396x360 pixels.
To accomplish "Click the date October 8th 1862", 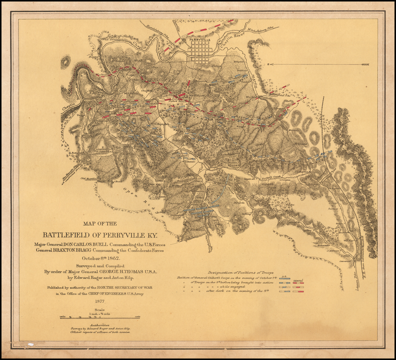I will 101,258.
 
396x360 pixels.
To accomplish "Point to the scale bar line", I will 100,317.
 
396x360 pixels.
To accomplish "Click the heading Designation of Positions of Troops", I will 241,273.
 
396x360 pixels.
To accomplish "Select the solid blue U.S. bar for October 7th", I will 285,278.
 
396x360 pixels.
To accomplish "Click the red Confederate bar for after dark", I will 298,291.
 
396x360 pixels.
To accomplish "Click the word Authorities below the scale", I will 99,325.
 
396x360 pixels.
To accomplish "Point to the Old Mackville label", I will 89,178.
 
